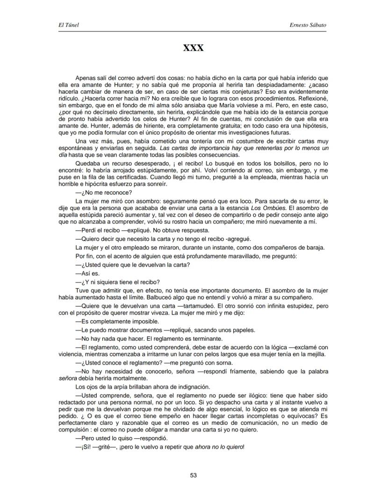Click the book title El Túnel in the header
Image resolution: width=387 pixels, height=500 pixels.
[x=65, y=25]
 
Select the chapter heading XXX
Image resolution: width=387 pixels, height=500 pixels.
[x=193, y=48]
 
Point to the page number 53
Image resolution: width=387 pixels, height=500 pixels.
[x=193, y=475]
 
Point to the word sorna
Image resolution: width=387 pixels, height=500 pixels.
[x=223, y=363]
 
